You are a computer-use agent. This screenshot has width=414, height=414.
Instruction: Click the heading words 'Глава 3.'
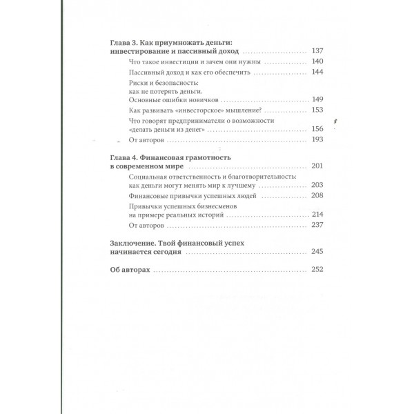coord(126,42)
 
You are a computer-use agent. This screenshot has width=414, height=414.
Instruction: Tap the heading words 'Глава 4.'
coord(126,158)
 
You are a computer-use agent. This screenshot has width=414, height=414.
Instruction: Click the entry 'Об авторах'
coord(130,270)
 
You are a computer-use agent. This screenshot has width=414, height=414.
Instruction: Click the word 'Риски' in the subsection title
coord(139,82)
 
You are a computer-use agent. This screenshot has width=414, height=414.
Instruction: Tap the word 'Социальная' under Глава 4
coord(150,177)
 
